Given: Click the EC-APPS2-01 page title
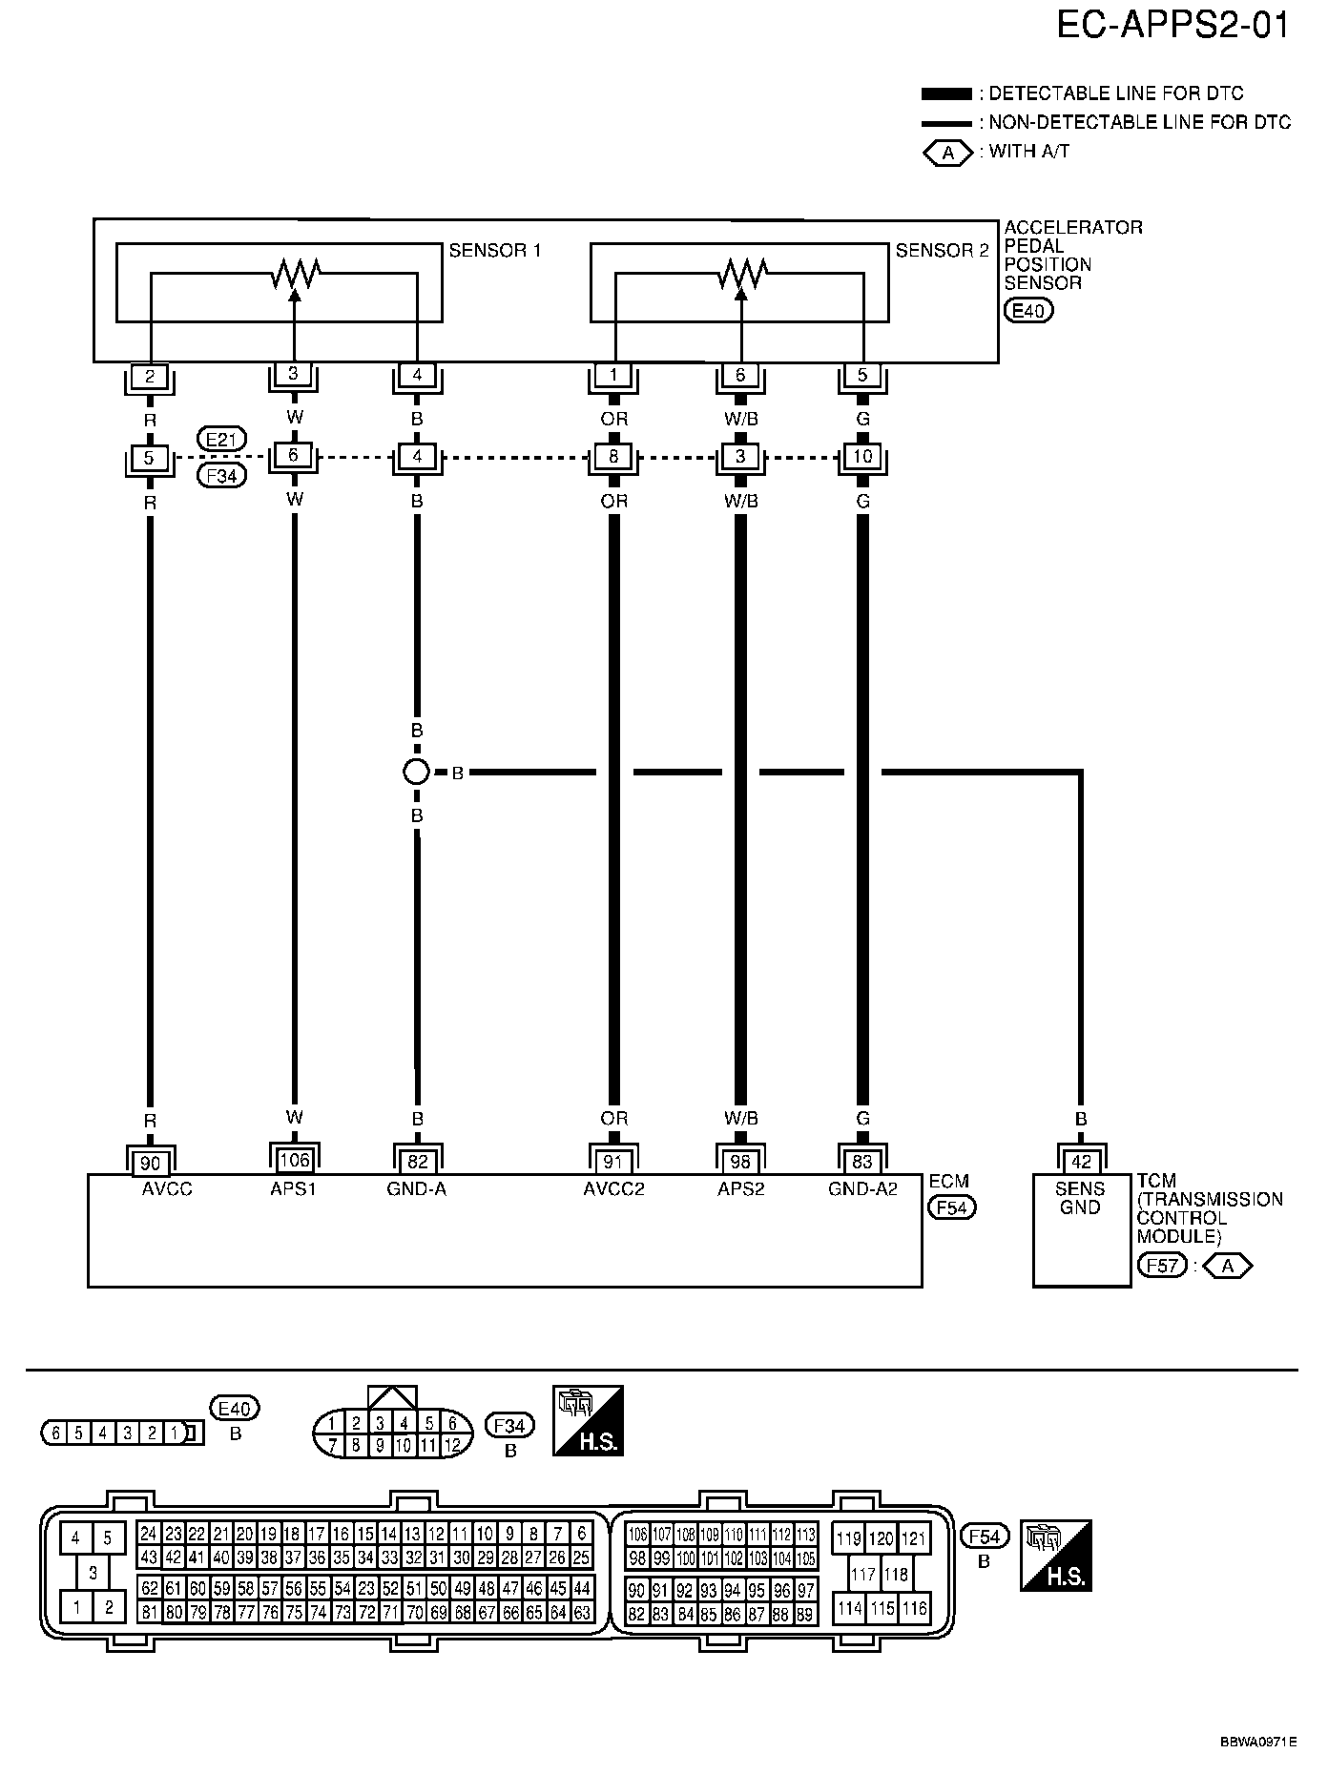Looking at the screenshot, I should click(x=1172, y=26).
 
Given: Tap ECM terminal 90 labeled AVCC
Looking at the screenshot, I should click(x=150, y=1163).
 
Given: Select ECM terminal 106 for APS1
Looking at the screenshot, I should click(x=294, y=1160).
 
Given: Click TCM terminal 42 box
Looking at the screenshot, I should click(x=1080, y=1163).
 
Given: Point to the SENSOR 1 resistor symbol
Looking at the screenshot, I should click(x=294, y=275).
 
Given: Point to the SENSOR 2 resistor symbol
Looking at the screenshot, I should click(x=740, y=275).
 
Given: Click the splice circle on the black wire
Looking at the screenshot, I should click(x=416, y=772).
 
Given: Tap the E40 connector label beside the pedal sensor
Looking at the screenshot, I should click(x=1028, y=310).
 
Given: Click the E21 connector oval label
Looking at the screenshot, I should click(x=221, y=439).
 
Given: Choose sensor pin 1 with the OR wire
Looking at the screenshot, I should click(x=614, y=375).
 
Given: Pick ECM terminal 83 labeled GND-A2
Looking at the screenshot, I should click(x=862, y=1163).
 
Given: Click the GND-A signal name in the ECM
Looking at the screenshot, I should click(x=418, y=1189).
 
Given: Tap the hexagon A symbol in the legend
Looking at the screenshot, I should click(x=947, y=152).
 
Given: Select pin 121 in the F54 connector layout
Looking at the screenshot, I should click(x=914, y=1538).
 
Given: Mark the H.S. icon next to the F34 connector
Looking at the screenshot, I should click(x=588, y=1420).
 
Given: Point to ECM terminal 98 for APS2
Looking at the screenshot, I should click(x=740, y=1163).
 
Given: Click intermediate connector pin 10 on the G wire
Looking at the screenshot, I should click(x=862, y=457).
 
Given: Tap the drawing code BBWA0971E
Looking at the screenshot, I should click(x=1257, y=1741).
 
